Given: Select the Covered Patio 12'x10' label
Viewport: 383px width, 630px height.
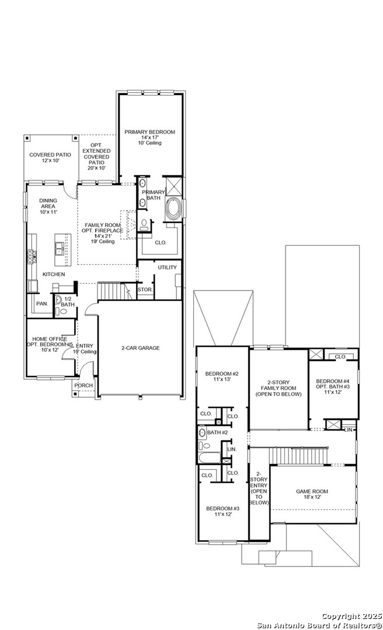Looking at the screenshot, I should pos(50,157).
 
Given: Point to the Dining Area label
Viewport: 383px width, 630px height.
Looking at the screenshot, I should pos(48,206).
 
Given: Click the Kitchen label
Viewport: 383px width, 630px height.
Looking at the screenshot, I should pos(53,274).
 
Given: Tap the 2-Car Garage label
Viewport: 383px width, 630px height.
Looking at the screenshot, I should pos(140,348).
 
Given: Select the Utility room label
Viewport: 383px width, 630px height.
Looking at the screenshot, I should pos(167,267).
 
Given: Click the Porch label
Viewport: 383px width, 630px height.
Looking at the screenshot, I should pos(82,386).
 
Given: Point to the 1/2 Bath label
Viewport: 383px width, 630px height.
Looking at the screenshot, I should pos(67,301).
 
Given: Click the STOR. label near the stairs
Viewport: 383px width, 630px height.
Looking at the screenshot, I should pos(145,289).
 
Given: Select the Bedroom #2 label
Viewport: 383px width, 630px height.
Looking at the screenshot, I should pos(222,377).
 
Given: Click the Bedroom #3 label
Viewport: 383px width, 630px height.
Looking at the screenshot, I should pos(222,512).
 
